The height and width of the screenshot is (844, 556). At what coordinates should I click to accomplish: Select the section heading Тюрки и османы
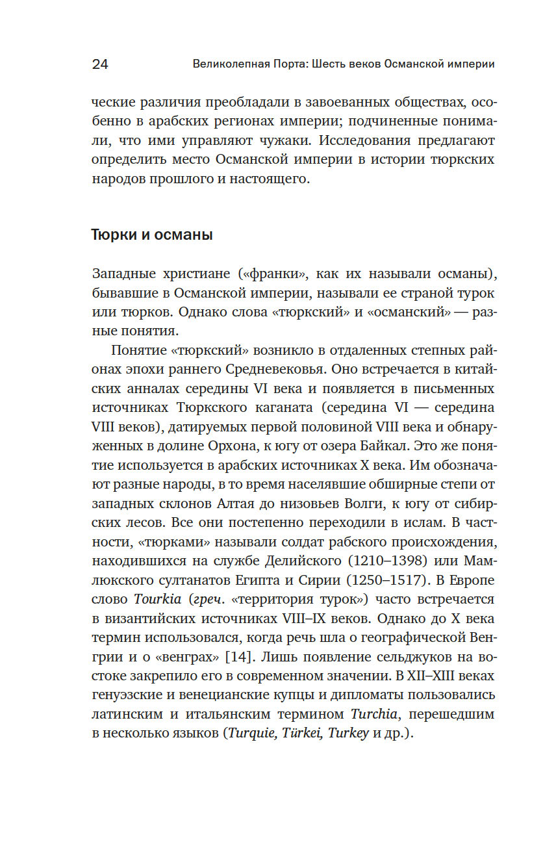coord(152,235)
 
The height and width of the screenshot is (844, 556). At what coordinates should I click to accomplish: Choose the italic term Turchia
coord(379,713)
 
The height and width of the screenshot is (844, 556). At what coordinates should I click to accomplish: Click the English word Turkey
coord(348,732)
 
